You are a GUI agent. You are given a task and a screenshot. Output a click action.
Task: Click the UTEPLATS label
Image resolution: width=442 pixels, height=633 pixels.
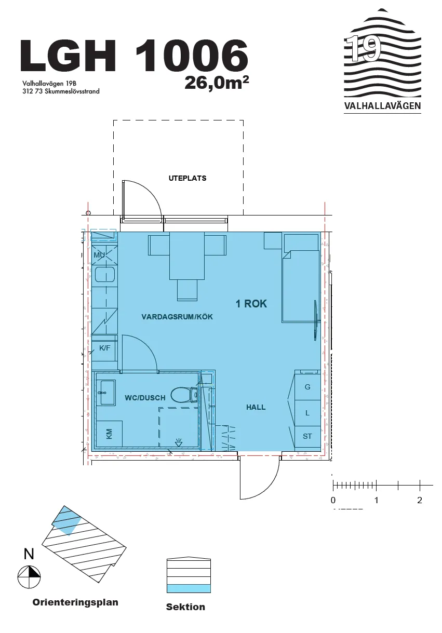187,178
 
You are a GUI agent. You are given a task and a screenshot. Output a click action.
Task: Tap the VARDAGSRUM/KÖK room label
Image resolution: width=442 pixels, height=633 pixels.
177,317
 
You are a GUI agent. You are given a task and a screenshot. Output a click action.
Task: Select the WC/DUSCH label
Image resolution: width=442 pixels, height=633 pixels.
145,398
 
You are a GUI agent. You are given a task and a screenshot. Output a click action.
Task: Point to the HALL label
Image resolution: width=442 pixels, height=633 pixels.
256,407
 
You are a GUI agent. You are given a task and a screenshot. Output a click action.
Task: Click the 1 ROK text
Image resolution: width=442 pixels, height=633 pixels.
251,304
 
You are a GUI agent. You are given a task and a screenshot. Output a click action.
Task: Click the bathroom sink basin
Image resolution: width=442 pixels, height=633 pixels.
106,393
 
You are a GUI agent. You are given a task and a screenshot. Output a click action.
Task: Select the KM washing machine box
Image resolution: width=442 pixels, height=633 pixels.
110,434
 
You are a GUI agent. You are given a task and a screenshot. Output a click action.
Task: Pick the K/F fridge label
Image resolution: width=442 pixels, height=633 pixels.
104,348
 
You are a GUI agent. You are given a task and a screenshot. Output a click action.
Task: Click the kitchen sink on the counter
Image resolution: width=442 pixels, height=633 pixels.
104,275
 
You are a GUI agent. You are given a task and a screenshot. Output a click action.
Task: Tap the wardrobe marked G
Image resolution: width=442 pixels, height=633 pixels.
307,387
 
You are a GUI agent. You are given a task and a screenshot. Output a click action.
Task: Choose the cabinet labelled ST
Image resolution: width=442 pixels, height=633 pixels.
307,437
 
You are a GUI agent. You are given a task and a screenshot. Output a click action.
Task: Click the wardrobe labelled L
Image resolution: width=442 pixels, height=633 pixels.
307,413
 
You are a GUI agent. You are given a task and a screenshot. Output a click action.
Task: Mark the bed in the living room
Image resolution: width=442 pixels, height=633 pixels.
301,286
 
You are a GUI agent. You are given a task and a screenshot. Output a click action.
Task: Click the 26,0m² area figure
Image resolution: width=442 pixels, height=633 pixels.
217,83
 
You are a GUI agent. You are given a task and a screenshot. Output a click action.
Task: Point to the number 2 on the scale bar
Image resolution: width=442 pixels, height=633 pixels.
420,501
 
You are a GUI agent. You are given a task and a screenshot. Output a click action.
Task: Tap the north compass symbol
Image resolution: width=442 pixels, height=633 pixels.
29,576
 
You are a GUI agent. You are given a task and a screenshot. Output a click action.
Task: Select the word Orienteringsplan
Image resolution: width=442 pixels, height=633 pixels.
75,602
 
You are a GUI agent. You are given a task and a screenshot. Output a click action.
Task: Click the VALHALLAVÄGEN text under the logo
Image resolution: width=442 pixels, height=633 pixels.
382,106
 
